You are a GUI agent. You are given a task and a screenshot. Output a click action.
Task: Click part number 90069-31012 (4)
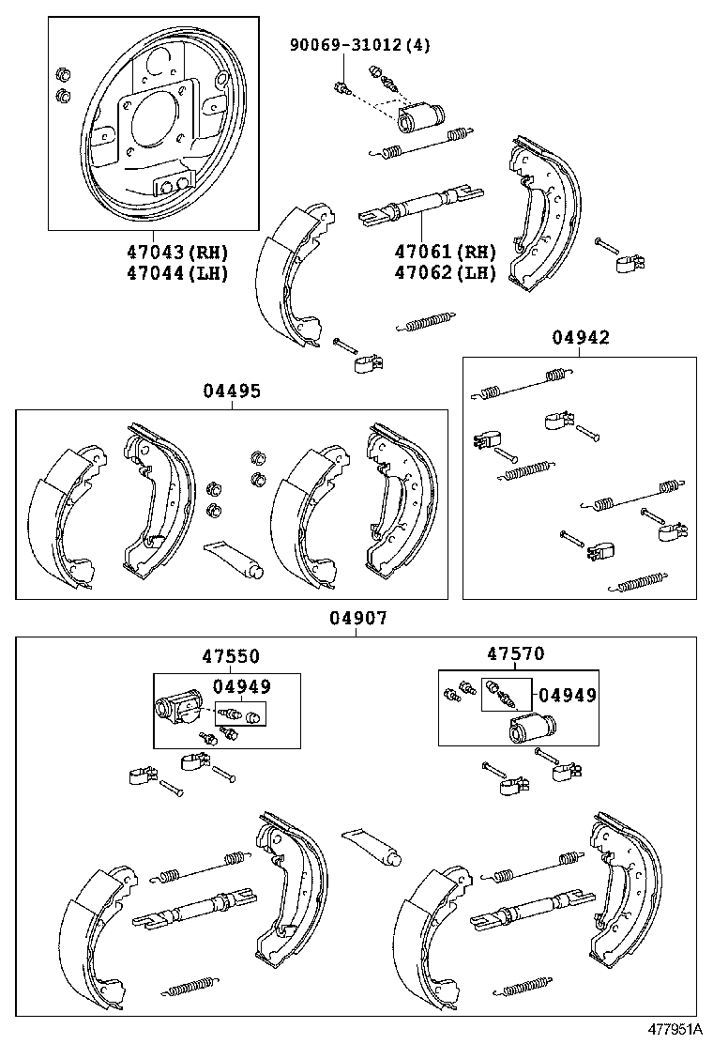click(x=359, y=44)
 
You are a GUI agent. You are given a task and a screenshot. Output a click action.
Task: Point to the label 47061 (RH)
click(x=445, y=253)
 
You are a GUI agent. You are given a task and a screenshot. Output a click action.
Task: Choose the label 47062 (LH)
click(x=445, y=273)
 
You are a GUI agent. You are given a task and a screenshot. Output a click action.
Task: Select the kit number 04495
click(x=231, y=391)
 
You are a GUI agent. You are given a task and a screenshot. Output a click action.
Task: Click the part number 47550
click(x=230, y=656)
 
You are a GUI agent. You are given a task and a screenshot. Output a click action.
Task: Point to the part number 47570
click(x=515, y=653)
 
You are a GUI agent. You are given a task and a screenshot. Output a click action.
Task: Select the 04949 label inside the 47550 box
click(x=241, y=686)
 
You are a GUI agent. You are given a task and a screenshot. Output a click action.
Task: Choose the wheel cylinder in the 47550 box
click(x=178, y=711)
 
